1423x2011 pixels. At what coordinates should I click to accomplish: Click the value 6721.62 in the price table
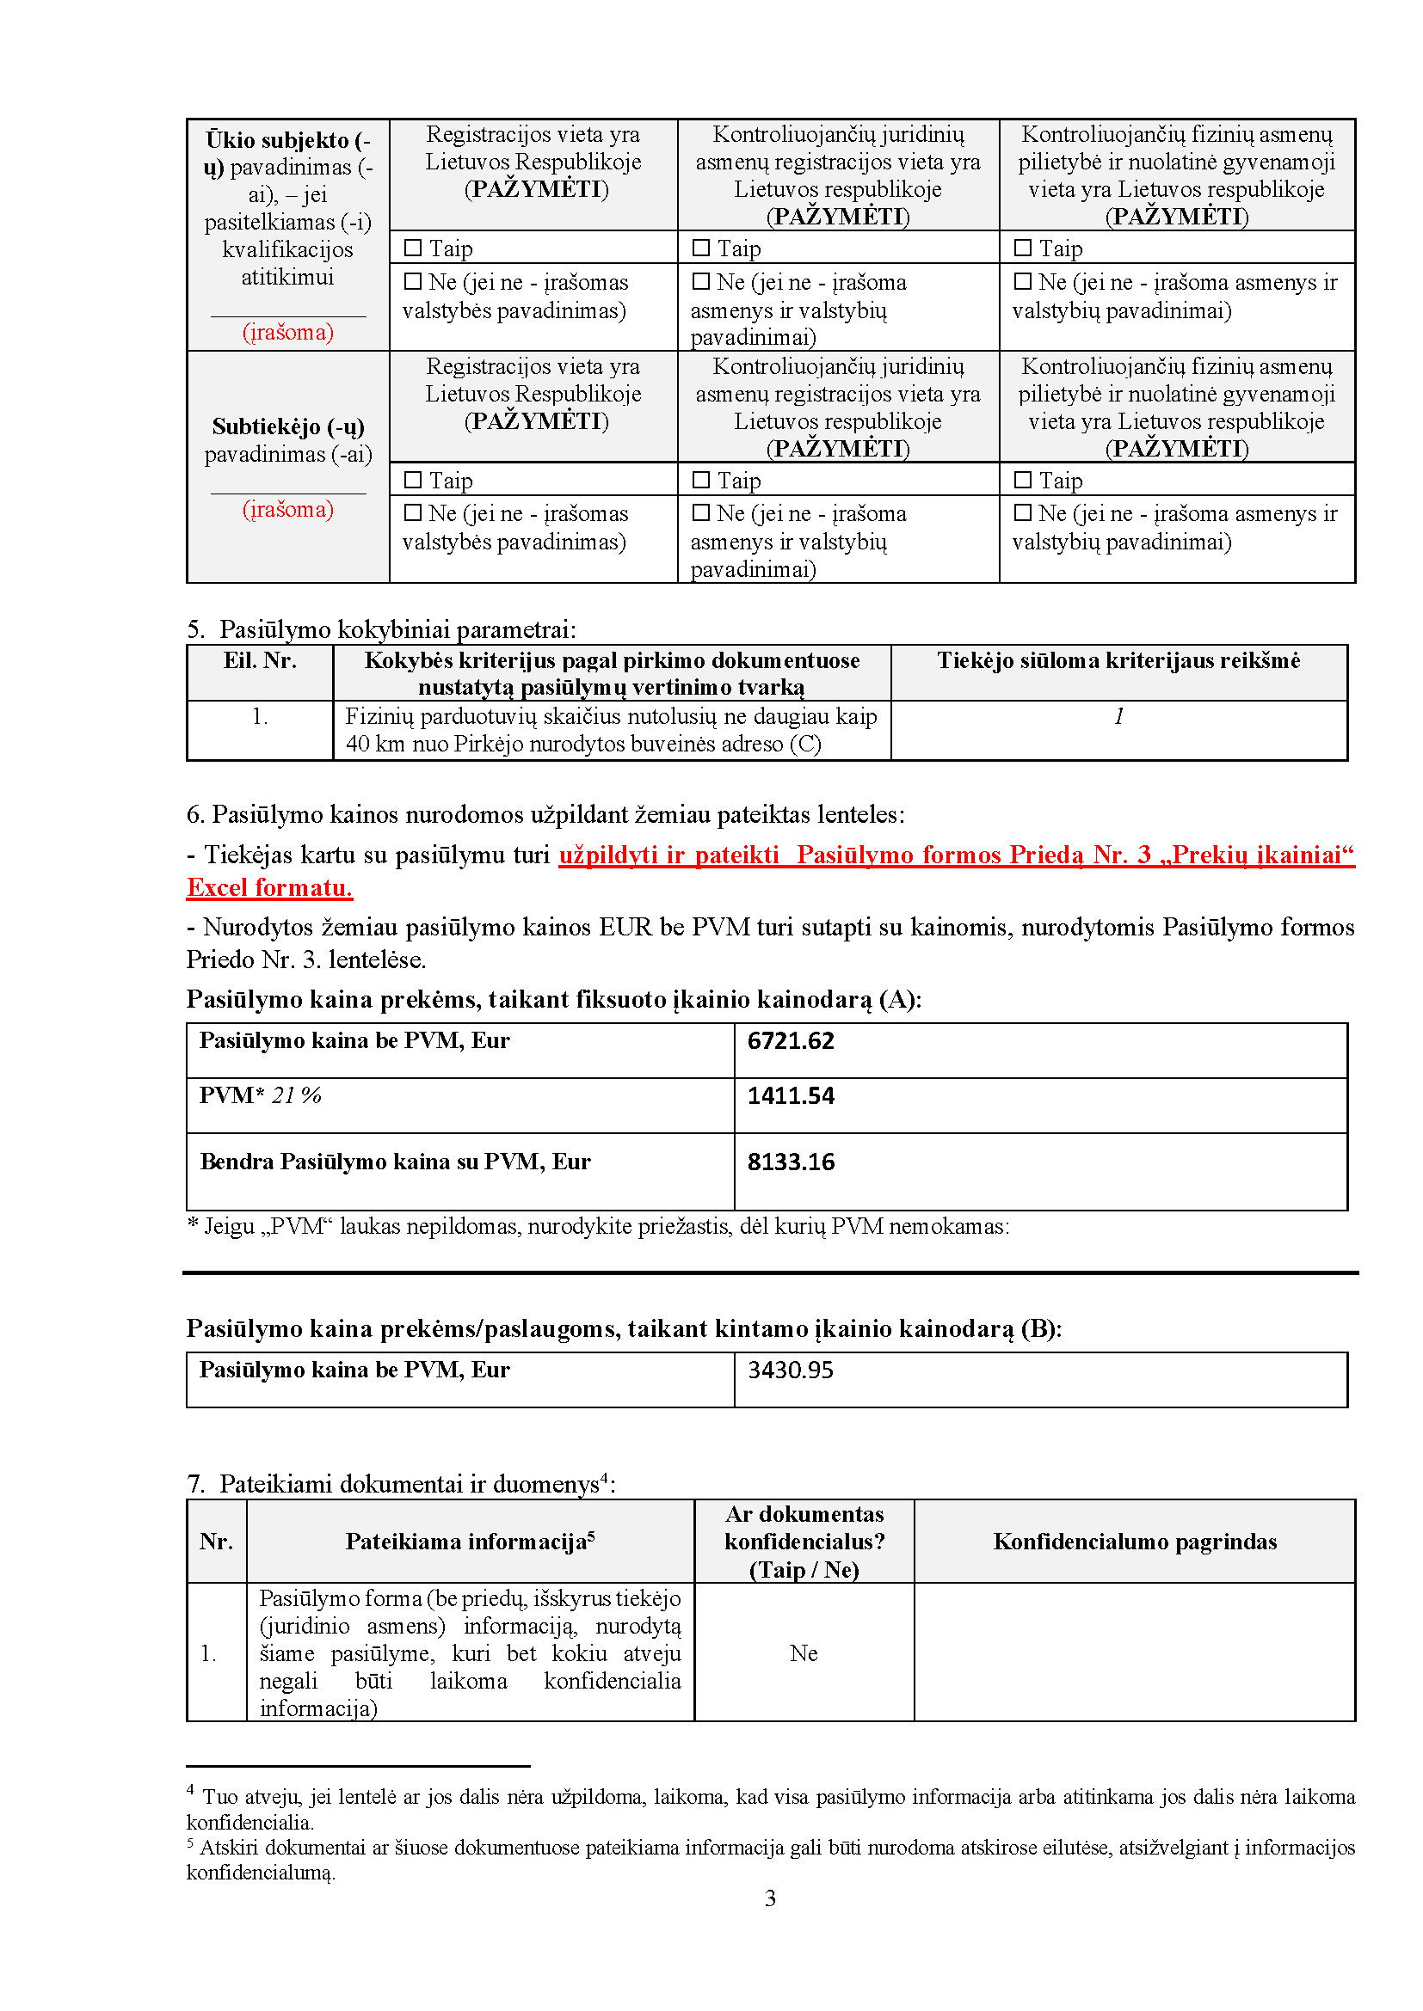pyautogui.click(x=791, y=1041)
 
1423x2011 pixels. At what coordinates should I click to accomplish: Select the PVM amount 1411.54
pyautogui.click(x=791, y=1096)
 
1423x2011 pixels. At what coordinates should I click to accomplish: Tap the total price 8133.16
pyautogui.click(x=791, y=1162)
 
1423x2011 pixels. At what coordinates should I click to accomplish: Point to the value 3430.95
pyautogui.click(x=790, y=1370)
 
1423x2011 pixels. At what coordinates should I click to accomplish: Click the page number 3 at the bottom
pyautogui.click(x=770, y=1899)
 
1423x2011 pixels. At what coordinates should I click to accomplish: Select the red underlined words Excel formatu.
pyautogui.click(x=270, y=888)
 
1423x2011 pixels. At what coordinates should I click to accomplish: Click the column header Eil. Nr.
pyautogui.click(x=259, y=661)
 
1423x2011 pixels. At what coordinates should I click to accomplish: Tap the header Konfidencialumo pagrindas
pyautogui.click(x=1135, y=1542)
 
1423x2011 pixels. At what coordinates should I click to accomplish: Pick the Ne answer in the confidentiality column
pyautogui.click(x=804, y=1653)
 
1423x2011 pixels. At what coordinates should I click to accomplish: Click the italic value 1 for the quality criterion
pyautogui.click(x=1118, y=717)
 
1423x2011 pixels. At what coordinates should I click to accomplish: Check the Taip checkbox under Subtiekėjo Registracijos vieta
pyautogui.click(x=413, y=480)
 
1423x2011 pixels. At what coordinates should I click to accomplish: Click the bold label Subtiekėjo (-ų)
pyautogui.click(x=288, y=427)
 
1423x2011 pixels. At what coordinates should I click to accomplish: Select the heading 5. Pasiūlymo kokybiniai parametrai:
pyautogui.click(x=381, y=629)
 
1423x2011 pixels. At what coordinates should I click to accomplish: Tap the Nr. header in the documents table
pyautogui.click(x=217, y=1542)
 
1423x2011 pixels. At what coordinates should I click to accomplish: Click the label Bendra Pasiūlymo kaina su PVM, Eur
pyautogui.click(x=395, y=1162)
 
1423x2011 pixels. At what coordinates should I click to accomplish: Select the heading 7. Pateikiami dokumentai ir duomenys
pyautogui.click(x=400, y=1484)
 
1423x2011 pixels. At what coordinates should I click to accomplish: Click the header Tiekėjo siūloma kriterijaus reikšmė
pyautogui.click(x=1118, y=661)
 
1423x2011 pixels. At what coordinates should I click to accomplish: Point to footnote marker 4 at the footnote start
pyautogui.click(x=191, y=1790)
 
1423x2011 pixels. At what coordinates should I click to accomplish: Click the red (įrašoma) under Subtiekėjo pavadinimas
pyautogui.click(x=288, y=510)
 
